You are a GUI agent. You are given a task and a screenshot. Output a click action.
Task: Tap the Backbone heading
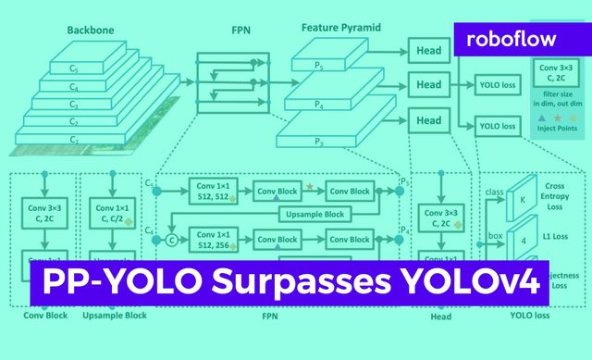click(x=90, y=30)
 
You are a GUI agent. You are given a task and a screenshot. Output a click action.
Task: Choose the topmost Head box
click(x=428, y=51)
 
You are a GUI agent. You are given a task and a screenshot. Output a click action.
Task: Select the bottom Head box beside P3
click(x=428, y=120)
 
